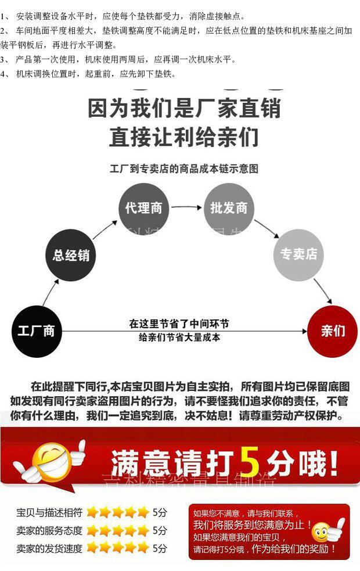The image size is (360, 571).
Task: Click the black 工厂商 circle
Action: [36, 331]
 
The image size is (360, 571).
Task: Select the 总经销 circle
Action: [71, 254]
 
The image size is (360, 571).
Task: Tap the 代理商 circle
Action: [144, 208]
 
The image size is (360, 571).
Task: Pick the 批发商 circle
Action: [229, 208]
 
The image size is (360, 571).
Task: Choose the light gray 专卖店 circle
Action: [298, 254]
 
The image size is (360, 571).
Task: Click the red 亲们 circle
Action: [332, 331]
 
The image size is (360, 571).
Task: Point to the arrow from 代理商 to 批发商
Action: [186, 208]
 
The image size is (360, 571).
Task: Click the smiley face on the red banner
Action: [51, 462]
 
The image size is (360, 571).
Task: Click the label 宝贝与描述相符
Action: [49, 513]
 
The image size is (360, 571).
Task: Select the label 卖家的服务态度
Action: [49, 530]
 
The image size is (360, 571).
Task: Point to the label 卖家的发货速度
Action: [49, 548]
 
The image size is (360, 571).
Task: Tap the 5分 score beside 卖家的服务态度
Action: [160, 530]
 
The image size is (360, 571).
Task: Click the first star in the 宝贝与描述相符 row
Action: [91, 512]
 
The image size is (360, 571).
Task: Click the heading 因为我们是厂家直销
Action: [184, 109]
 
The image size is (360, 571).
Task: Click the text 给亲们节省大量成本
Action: [179, 337]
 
